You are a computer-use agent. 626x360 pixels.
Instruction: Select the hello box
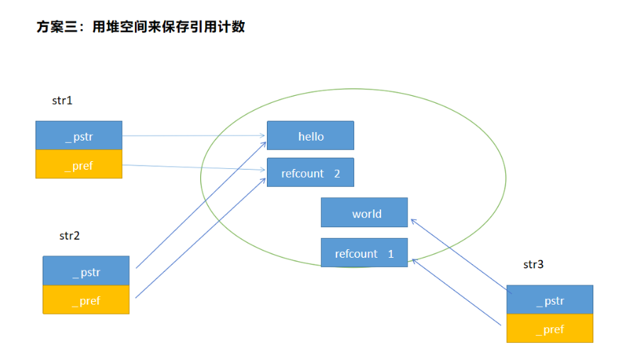click(310, 136)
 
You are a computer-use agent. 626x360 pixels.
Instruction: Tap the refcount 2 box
click(310, 173)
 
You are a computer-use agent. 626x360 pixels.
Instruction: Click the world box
click(364, 212)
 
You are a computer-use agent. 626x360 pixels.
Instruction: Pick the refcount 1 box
click(364, 253)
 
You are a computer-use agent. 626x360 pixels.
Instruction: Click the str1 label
click(62, 101)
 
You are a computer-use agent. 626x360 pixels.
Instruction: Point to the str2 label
click(70, 235)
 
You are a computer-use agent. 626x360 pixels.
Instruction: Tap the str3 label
click(534, 264)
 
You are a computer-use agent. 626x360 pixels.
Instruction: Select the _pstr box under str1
click(79, 136)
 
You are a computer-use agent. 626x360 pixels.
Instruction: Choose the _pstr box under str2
click(86, 271)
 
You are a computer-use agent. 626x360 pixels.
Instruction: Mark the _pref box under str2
click(86, 300)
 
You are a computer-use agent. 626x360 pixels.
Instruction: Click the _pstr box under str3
click(549, 300)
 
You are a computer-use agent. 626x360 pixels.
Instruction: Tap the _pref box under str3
click(549, 329)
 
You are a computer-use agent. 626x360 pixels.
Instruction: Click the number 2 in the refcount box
click(337, 173)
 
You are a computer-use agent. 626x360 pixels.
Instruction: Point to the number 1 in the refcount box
click(390, 253)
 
